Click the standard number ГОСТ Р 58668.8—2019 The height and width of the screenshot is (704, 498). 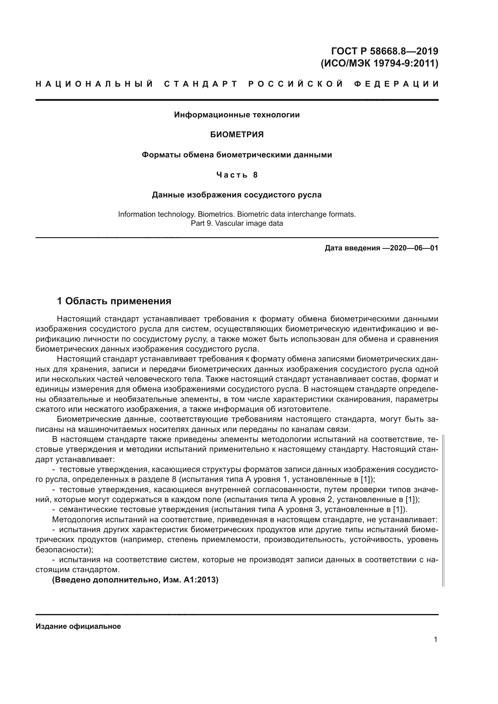[x=385, y=51]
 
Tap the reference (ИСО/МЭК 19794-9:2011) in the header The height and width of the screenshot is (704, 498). [x=379, y=64]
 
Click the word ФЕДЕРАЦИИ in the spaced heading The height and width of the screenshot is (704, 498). [x=396, y=84]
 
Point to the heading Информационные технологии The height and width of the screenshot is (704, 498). [x=237, y=115]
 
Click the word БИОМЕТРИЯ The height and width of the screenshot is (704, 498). [x=237, y=135]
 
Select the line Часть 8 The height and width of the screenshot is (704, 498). [x=237, y=175]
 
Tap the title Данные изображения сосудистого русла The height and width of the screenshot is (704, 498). [x=237, y=195]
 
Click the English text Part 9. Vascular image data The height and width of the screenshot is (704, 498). [x=237, y=223]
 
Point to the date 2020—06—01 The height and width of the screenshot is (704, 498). [x=414, y=248]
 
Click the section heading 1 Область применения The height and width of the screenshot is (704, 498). [x=114, y=301]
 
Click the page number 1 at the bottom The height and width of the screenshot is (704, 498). [x=435, y=640]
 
